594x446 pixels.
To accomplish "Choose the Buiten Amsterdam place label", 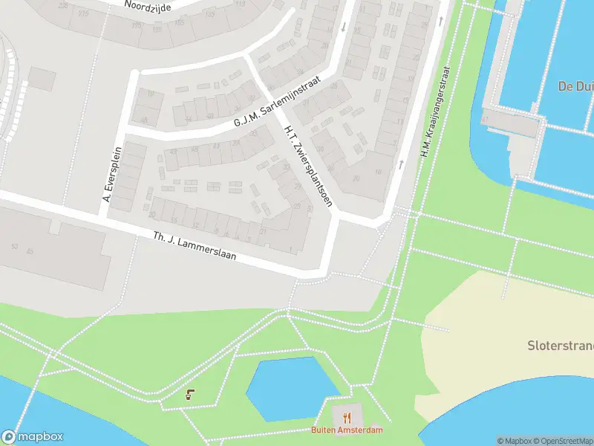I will pyautogui.click(x=347, y=430).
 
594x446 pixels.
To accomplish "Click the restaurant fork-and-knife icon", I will pyautogui.click(x=347, y=417).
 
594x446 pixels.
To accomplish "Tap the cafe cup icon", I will pyautogui.click(x=191, y=394).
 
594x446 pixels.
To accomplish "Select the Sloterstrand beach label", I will pyautogui.click(x=561, y=346).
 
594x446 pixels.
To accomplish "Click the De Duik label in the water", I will pyautogui.click(x=576, y=86).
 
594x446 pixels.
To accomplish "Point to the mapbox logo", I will pyautogui.click(x=33, y=437).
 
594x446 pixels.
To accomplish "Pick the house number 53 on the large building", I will pyautogui.click(x=14, y=246).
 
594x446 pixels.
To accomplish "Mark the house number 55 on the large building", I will pyautogui.click(x=30, y=251).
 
